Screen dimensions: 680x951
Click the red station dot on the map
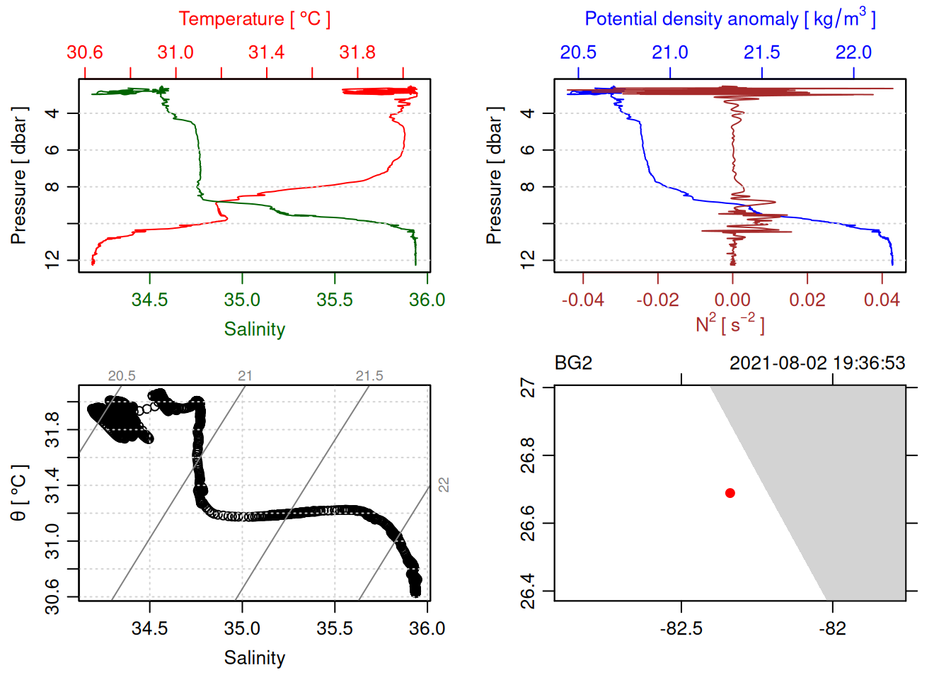coord(730,493)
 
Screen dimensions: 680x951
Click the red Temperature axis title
coord(254,19)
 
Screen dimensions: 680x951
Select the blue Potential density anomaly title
coord(730,18)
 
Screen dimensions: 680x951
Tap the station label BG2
coord(573,363)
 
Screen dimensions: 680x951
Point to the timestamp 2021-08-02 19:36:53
coord(817,363)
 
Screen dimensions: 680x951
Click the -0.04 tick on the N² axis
coord(583,300)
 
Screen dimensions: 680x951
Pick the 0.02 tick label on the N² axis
coord(807,300)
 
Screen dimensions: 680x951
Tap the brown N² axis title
coord(730,324)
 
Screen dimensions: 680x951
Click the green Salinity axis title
coord(254,329)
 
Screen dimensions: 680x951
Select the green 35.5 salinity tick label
coord(335,300)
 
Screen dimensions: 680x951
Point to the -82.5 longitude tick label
coord(681,629)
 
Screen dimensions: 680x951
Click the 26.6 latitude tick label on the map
coord(528,523)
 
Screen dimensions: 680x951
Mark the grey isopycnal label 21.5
coord(369,376)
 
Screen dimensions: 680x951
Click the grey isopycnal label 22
coord(444,485)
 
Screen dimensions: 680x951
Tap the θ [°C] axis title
coord(19,493)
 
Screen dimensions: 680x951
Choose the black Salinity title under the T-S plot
coord(254,658)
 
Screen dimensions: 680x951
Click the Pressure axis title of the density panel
coord(494,176)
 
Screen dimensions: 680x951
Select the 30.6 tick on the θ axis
coord(52,597)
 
